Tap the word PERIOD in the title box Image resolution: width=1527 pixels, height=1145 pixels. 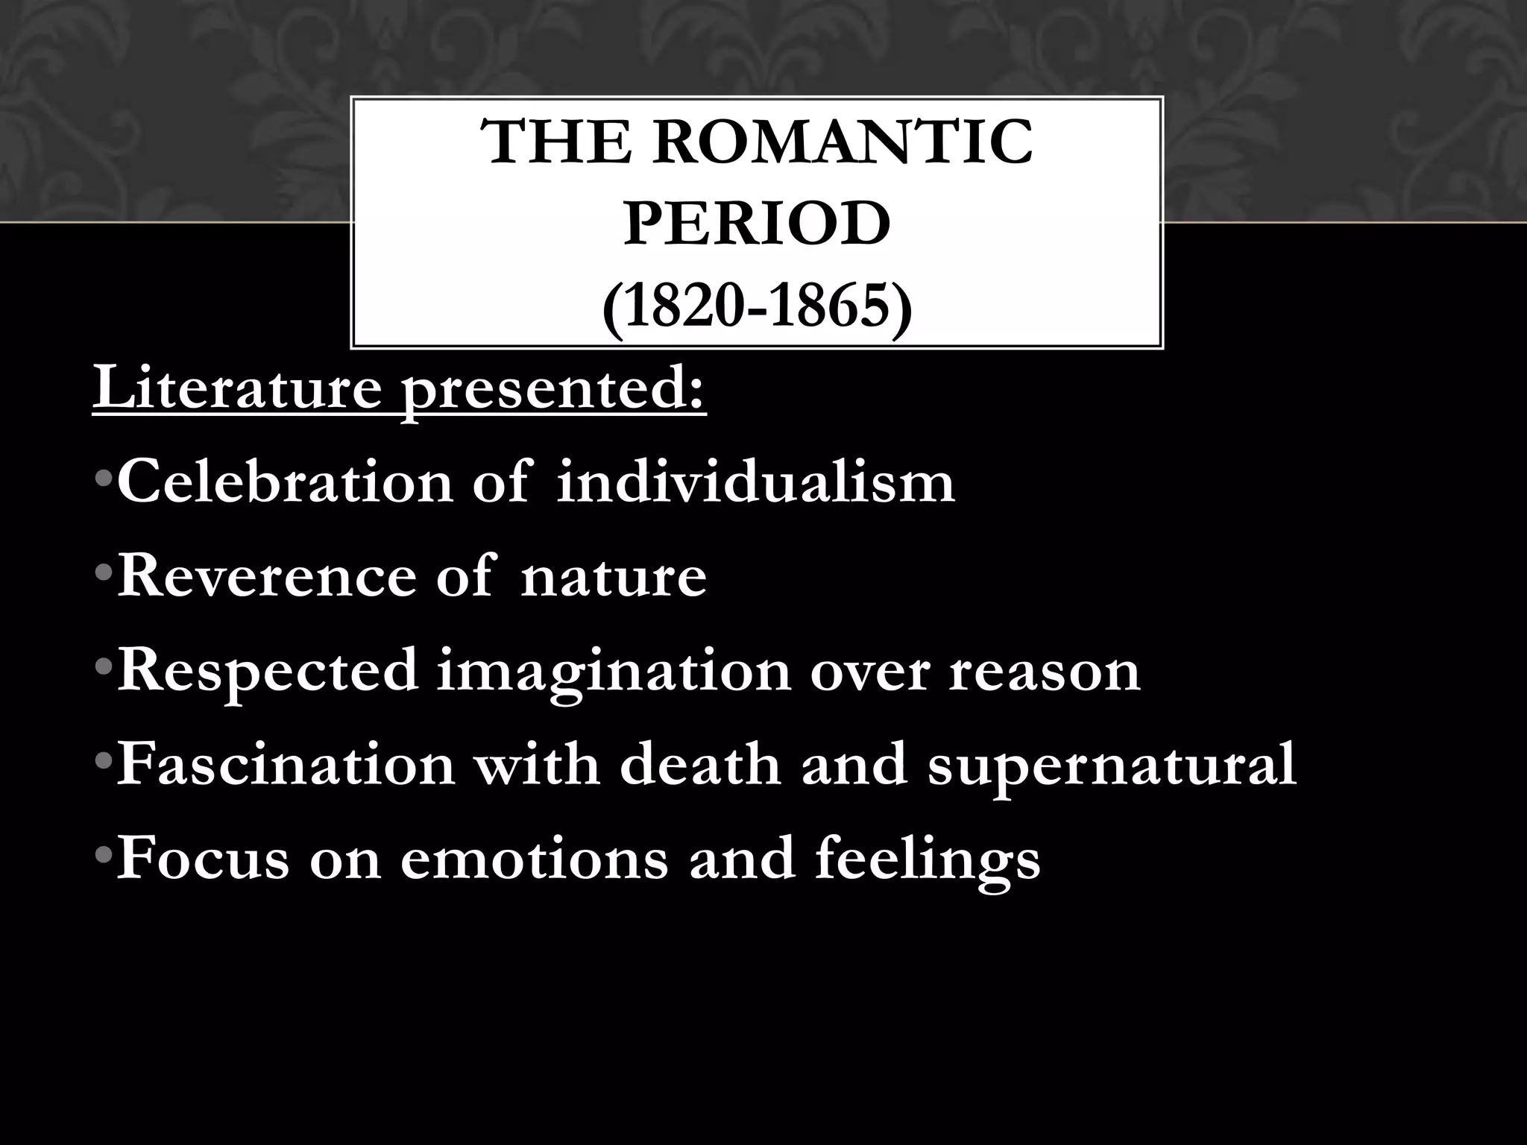click(757, 224)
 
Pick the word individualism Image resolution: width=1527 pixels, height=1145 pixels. click(756, 483)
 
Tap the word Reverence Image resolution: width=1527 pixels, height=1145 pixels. click(266, 577)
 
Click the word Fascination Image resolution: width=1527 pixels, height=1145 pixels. click(286, 765)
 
